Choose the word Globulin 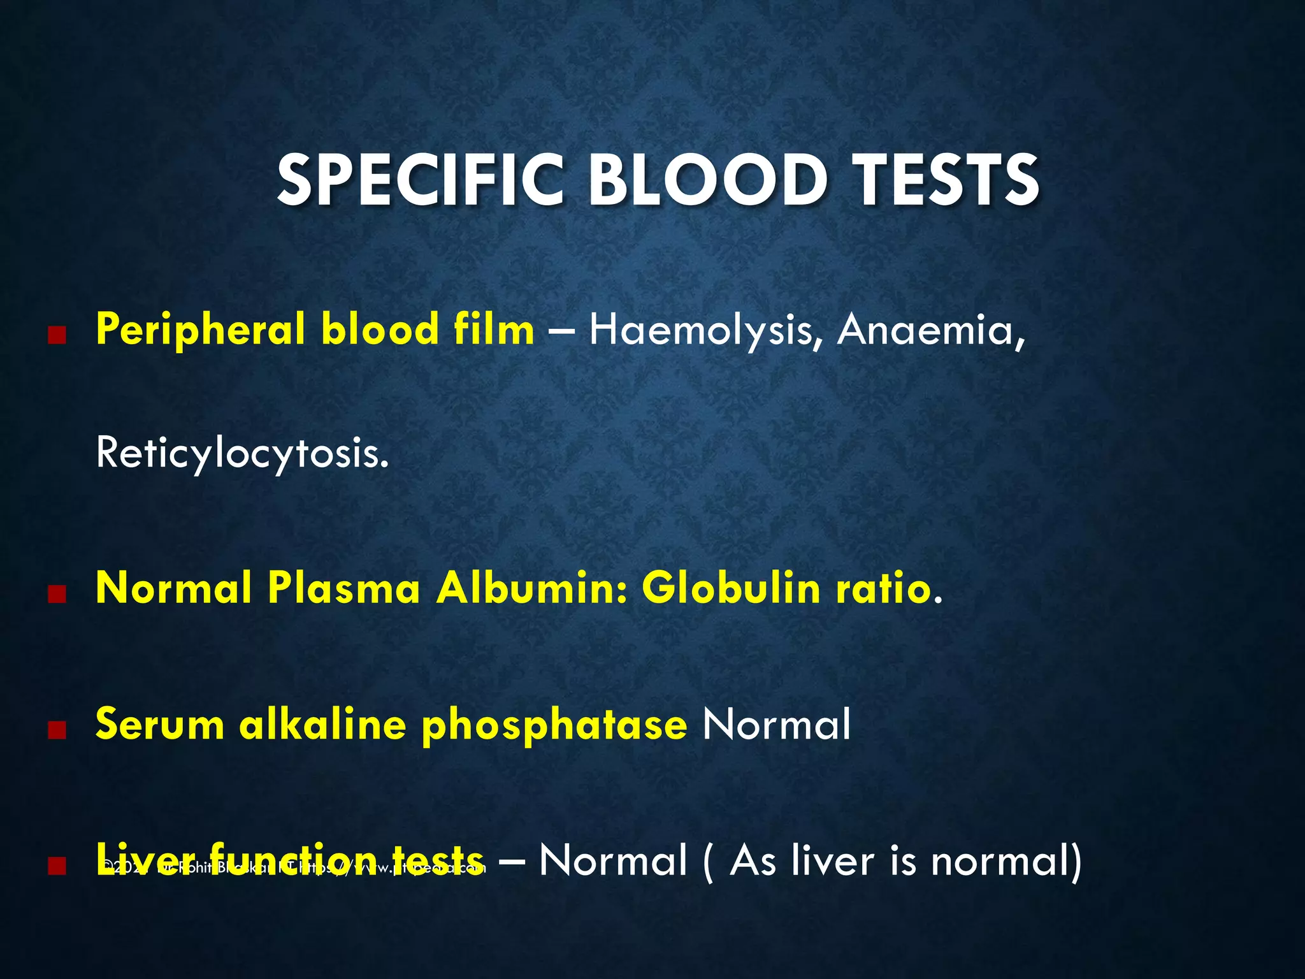731,588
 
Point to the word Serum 160,725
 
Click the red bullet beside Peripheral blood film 57,336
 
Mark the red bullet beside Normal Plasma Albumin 57,594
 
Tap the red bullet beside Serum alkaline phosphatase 57,730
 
